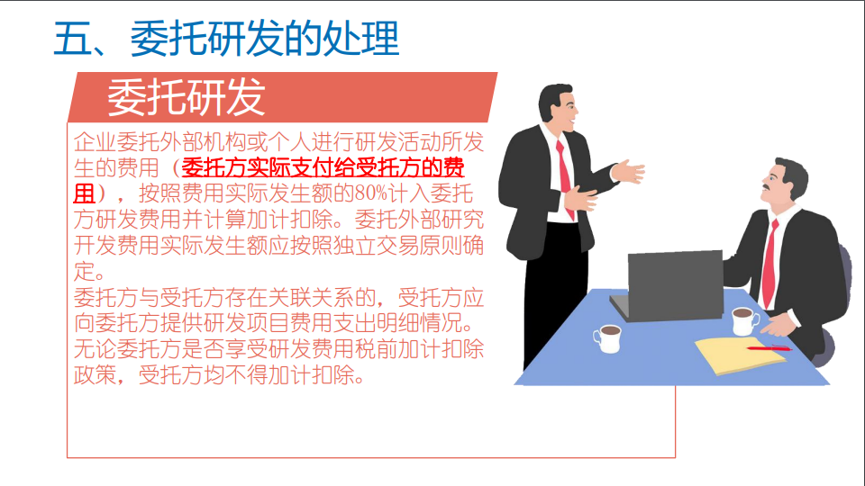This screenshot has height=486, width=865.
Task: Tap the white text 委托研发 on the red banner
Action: [187, 97]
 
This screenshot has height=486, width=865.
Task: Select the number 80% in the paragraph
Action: [372, 193]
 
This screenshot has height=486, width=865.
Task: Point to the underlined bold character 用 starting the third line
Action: [84, 193]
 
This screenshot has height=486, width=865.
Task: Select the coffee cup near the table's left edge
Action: [608, 337]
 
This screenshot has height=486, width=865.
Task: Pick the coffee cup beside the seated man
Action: [744, 319]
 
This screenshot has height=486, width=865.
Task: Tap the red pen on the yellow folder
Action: [768, 347]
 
